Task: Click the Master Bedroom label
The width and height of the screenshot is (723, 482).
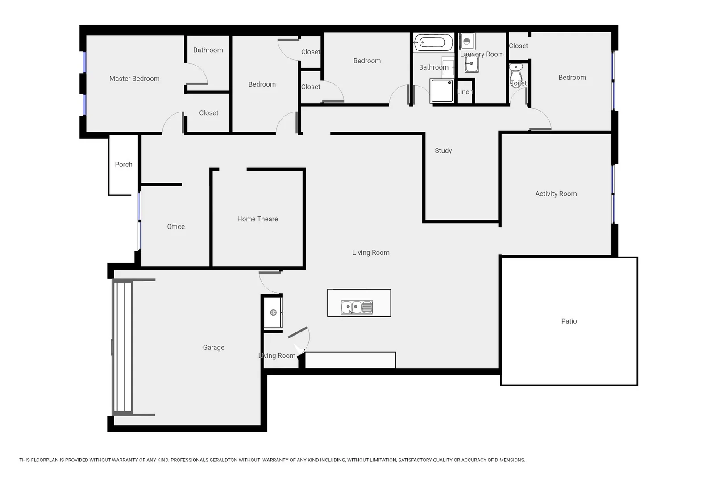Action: [x=134, y=79]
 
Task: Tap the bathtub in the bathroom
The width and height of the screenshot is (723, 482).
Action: [x=433, y=43]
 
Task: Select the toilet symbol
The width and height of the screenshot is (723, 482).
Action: [x=516, y=71]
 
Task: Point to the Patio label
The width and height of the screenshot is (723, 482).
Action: [x=569, y=321]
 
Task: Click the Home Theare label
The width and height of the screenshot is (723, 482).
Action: [x=258, y=219]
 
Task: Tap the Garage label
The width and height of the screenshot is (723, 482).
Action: [x=213, y=347]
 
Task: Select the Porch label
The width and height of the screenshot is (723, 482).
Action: [x=124, y=164]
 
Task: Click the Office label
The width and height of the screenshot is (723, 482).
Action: [x=176, y=227]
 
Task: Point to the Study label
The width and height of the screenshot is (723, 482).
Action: [x=443, y=151]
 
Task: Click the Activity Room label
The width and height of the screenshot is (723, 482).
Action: [x=556, y=194]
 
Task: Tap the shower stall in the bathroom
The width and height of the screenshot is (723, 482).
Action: [x=442, y=91]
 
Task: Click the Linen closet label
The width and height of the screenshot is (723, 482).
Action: [x=465, y=92]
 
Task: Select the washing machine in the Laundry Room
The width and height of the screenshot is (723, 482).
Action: [x=467, y=42]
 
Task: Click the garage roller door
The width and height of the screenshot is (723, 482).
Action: [x=122, y=347]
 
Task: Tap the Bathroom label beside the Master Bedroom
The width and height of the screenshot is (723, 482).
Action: [x=208, y=50]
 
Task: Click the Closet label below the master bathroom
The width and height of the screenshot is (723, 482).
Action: [x=208, y=113]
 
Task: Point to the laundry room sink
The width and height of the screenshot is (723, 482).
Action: [x=471, y=64]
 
